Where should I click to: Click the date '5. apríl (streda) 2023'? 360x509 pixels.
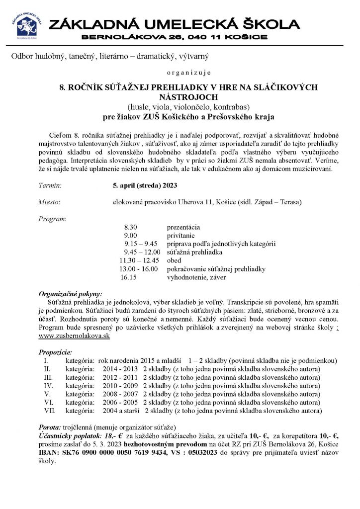144,186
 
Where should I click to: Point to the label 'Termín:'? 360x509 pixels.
50,186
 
